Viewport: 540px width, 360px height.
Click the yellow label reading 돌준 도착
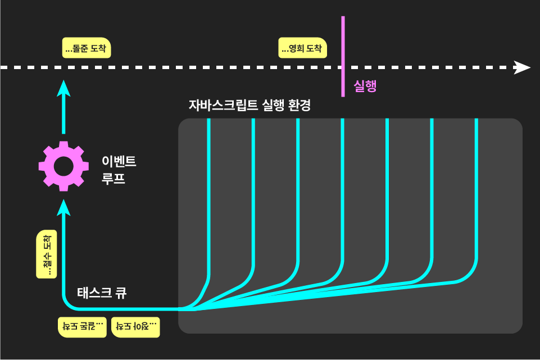coord(86,48)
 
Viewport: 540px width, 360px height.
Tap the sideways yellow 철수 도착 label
coord(47,254)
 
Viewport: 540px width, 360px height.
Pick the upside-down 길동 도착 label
coord(83,326)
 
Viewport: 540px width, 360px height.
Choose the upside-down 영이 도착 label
coord(135,326)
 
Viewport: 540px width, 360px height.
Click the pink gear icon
coord(63,166)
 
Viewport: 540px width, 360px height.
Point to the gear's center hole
coord(63,166)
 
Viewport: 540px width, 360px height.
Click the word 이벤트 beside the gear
coord(119,162)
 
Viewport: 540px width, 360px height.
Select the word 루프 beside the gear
coord(113,180)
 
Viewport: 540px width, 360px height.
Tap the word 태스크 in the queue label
coord(94,292)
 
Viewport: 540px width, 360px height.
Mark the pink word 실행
coord(365,86)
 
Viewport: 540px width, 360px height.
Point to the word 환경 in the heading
coord(298,105)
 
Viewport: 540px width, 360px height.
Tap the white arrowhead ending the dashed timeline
coord(522,67)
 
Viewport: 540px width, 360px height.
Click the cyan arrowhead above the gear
coord(63,88)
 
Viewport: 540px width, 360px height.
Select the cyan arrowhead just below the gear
coord(63,207)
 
